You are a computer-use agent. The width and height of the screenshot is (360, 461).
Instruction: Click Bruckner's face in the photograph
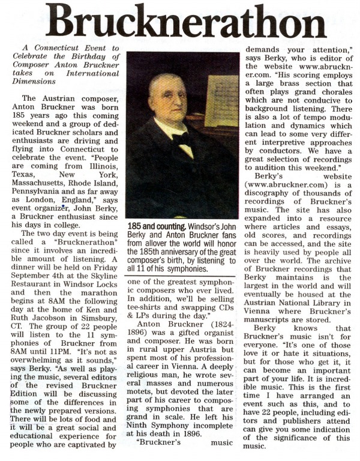(x=168, y=96)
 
